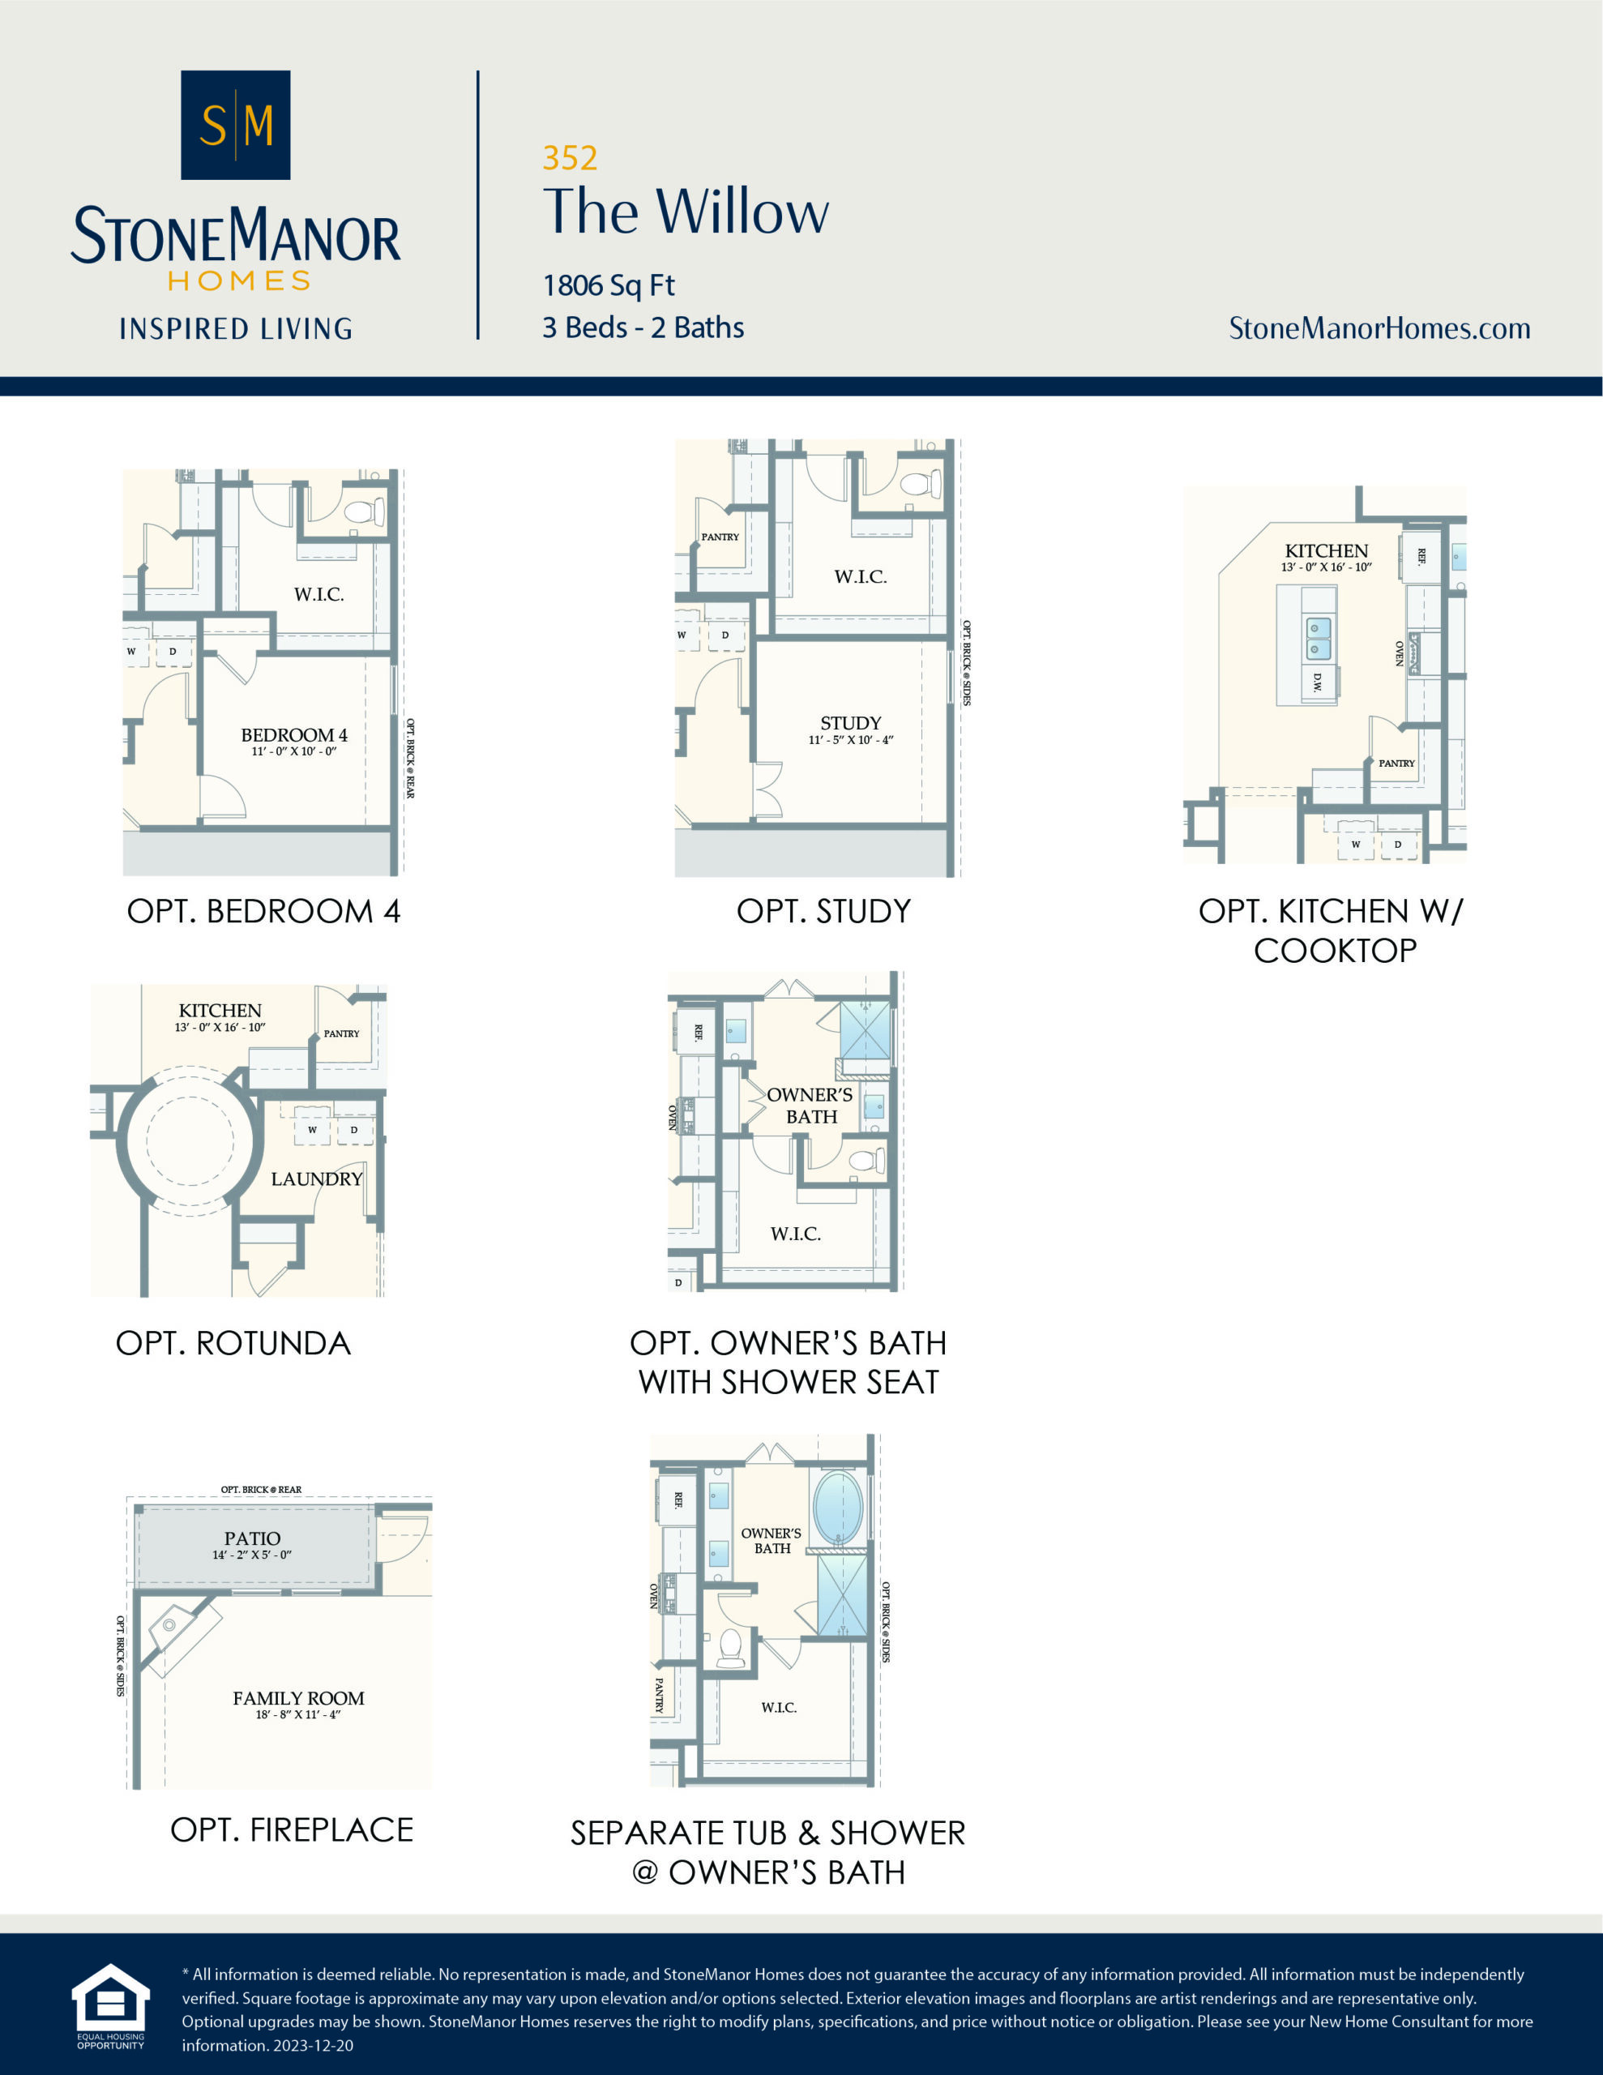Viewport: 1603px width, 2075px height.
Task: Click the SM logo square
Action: (236, 125)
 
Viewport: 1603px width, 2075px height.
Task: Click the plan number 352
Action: (569, 158)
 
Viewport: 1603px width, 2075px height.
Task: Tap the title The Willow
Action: (685, 211)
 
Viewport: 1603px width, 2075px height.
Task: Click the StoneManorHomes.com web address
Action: (1379, 329)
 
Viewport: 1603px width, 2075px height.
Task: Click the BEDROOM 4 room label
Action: (293, 735)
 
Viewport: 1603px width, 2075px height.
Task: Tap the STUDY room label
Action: (850, 723)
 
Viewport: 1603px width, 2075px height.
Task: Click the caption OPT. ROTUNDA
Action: (233, 1343)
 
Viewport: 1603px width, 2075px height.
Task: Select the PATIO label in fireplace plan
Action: (252, 1538)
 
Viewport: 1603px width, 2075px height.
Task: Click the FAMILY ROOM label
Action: (298, 1698)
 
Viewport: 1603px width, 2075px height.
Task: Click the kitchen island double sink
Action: (1318, 639)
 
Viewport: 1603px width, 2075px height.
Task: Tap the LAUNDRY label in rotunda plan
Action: (316, 1179)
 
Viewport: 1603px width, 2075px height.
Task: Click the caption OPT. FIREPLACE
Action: (292, 1830)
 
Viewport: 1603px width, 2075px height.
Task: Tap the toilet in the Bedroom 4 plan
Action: (364, 512)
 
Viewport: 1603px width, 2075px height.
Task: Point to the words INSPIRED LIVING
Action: (236, 329)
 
